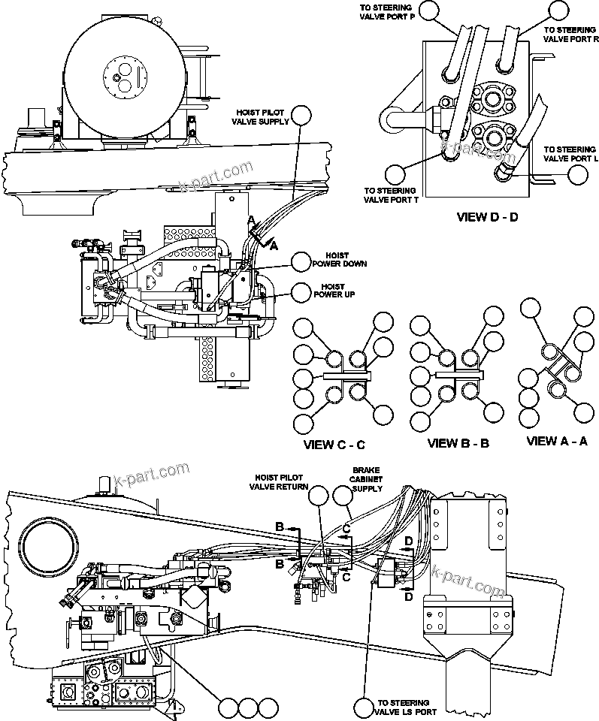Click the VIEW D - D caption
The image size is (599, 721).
(487, 218)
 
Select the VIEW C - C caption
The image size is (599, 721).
(334, 445)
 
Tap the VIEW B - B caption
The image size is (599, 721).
(458, 443)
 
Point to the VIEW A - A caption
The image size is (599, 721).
(558, 441)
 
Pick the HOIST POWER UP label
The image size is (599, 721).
(333, 291)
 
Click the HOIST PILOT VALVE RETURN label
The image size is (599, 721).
(279, 481)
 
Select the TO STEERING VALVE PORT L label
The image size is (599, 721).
(570, 154)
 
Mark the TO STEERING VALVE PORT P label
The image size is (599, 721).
(386, 12)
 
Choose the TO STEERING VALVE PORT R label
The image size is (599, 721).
(570, 35)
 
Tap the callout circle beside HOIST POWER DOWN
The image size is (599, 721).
(301, 261)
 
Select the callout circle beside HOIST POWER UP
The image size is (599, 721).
(301, 291)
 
